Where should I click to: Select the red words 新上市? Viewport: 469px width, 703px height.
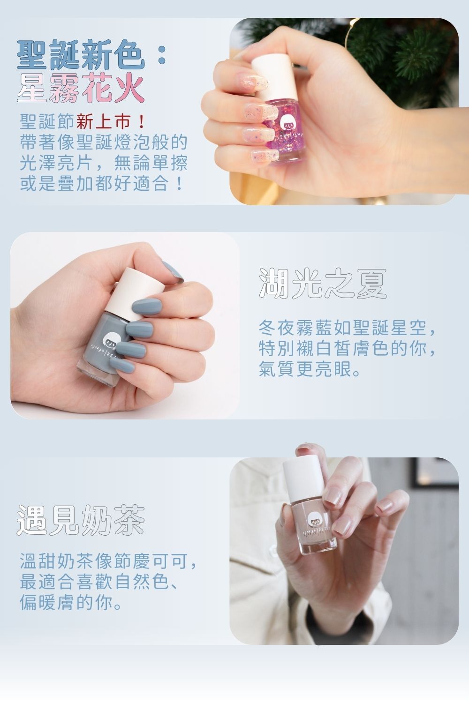pyautogui.click(x=102, y=123)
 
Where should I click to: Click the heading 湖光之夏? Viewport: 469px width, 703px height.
pyautogui.click(x=323, y=284)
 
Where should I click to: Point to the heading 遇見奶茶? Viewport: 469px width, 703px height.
pyautogui.click(x=81, y=520)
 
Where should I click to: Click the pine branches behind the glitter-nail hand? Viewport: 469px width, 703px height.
pyautogui.click(x=413, y=52)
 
